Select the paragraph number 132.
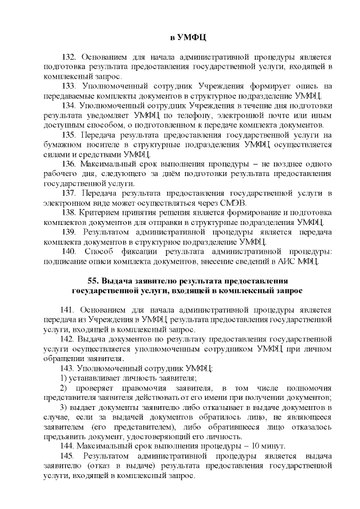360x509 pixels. click(x=69, y=57)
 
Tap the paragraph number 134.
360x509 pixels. click(x=69, y=105)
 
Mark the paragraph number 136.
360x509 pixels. click(x=69, y=164)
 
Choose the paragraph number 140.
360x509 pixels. click(x=69, y=251)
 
